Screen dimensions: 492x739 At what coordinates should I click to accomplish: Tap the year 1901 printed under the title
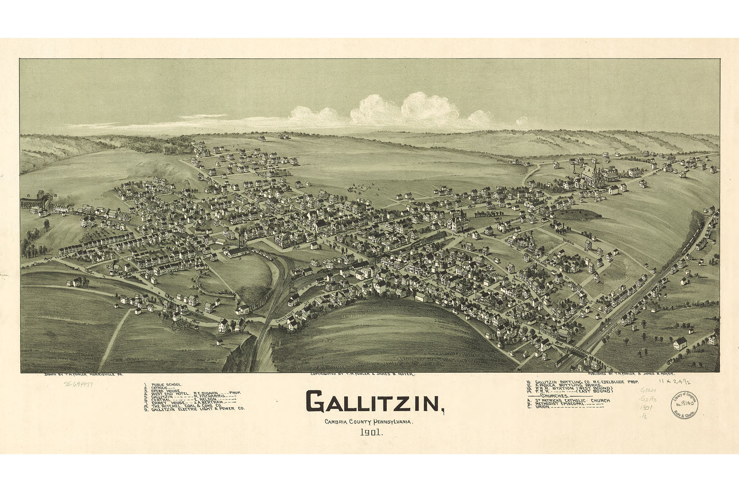point(371,433)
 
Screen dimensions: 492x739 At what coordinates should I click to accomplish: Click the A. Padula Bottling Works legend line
point(566,385)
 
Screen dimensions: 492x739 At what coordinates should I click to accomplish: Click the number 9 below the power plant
point(240,258)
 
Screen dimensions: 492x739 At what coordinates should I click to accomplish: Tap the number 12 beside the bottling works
point(108,266)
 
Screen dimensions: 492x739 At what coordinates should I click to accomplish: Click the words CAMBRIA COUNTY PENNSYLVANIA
point(369,422)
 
